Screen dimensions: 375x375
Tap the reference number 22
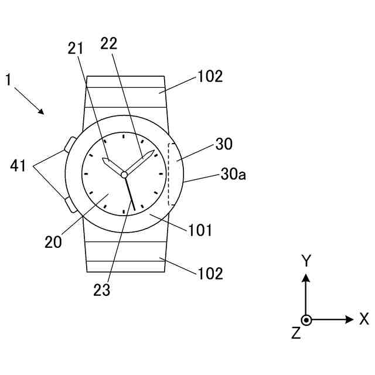[108, 43]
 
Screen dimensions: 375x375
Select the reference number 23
[101, 290]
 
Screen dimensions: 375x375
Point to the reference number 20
[53, 242]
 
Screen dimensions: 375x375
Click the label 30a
[233, 174]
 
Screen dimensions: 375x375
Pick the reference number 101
[200, 230]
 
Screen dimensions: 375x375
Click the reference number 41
[18, 167]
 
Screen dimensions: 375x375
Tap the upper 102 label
[210, 77]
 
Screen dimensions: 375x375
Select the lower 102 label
[210, 272]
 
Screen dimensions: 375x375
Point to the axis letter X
[364, 319]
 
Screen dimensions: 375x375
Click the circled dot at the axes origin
[306, 320]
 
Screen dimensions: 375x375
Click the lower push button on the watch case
[69, 204]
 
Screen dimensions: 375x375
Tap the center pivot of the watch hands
[124, 174]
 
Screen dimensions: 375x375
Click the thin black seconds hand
[130, 193]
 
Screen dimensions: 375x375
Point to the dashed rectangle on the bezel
[171, 174]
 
